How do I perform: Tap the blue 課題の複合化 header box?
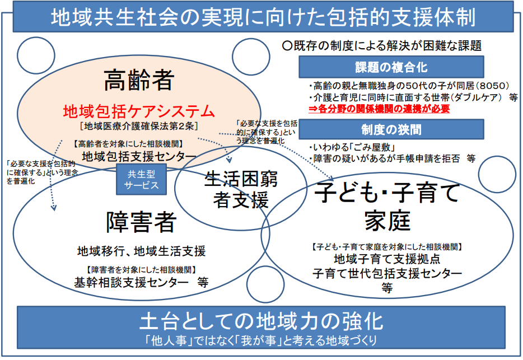tap(391, 68)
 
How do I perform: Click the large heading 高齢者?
tap(138, 82)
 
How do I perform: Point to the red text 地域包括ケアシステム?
tap(138, 110)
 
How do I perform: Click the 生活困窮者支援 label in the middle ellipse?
tap(241, 189)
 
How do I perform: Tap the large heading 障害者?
tap(141, 222)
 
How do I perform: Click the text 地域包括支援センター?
tap(139, 155)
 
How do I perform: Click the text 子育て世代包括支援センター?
tap(387, 274)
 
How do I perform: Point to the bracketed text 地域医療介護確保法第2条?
tap(138, 124)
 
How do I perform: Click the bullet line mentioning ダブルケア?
tap(408, 97)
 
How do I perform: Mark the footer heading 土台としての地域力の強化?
tap(261, 321)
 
